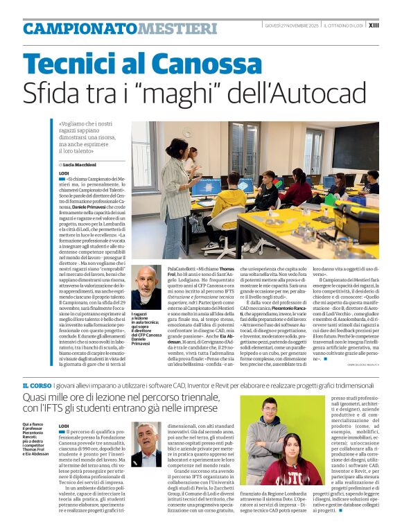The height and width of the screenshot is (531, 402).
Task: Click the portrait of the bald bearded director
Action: (x=146, y=287)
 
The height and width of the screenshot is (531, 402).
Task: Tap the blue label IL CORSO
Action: (x=35, y=384)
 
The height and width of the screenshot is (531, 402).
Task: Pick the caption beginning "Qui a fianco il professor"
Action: (x=39, y=439)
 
